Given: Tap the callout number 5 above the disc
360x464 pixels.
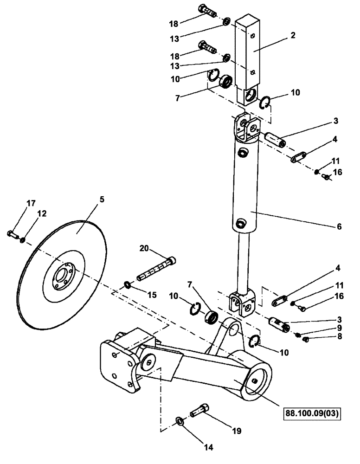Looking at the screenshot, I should (x=102, y=200).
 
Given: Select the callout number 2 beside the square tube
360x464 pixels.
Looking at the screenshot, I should (x=293, y=35).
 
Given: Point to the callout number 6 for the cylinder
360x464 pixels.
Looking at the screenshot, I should (x=339, y=226).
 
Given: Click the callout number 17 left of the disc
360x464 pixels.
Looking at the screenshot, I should (x=31, y=203).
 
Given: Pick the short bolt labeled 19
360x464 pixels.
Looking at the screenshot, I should (x=201, y=410).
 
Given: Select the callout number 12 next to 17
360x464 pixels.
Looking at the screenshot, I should (x=42, y=214).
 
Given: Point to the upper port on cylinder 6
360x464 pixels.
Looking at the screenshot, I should (x=241, y=152).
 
